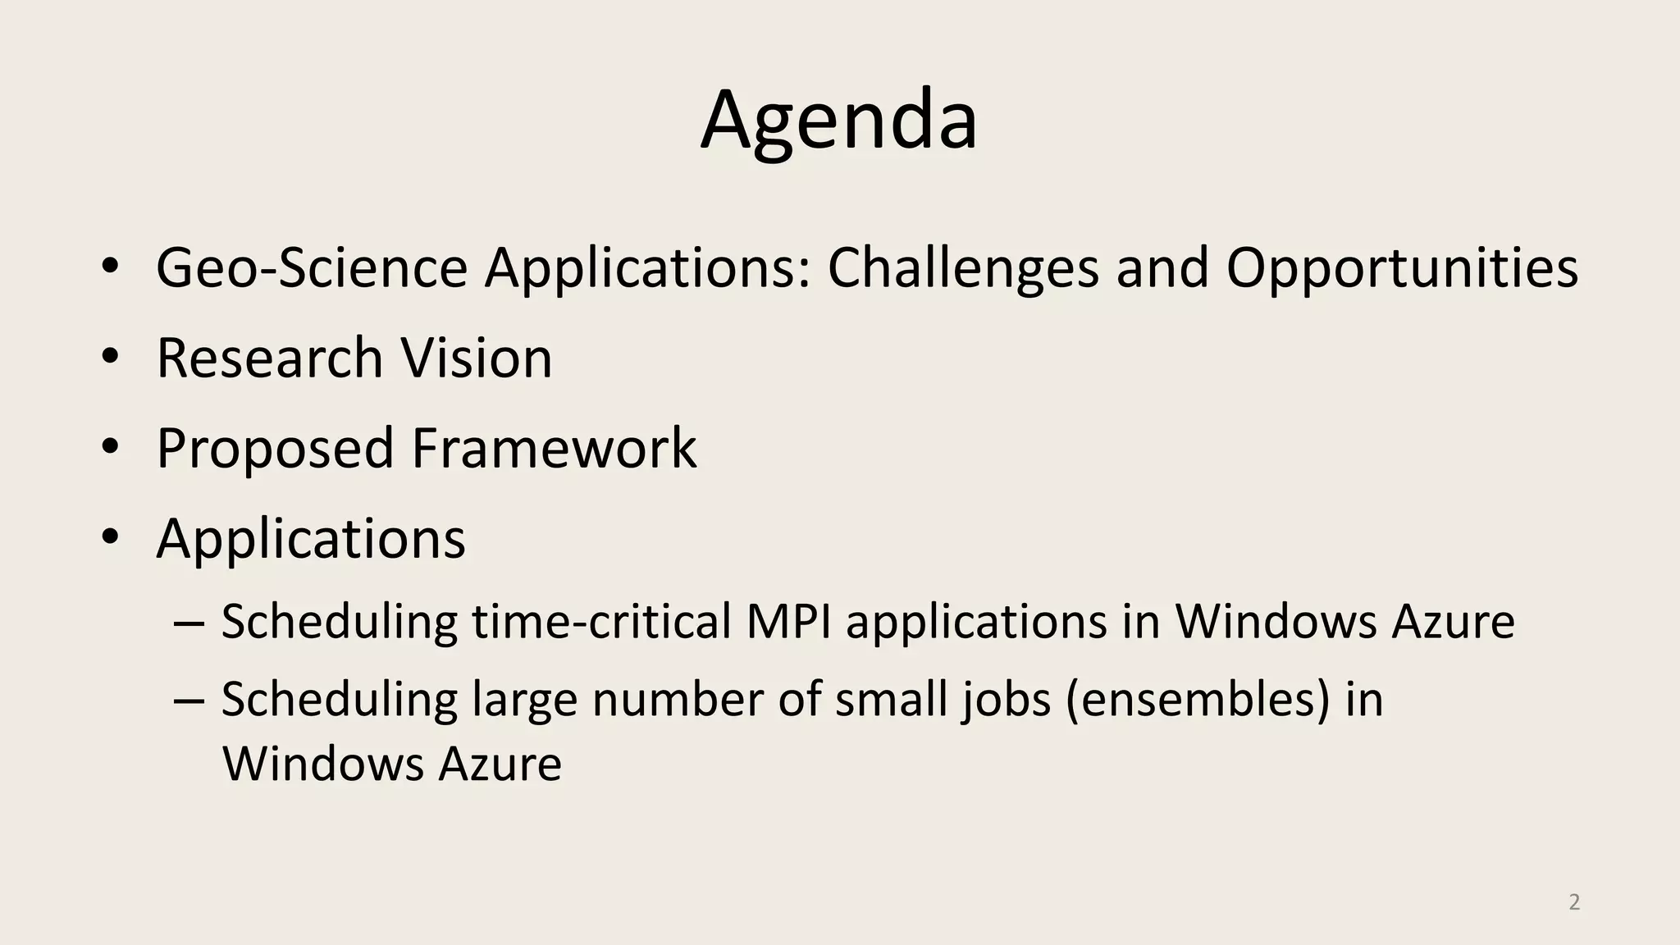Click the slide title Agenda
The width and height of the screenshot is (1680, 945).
(838, 121)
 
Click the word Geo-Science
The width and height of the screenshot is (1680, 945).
(312, 268)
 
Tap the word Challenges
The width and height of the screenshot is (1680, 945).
(962, 268)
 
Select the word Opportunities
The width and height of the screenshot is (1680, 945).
(1401, 268)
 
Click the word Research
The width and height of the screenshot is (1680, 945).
(270, 358)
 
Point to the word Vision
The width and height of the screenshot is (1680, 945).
(477, 358)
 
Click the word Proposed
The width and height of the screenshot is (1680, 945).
(275, 449)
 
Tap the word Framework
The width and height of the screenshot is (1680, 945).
(554, 449)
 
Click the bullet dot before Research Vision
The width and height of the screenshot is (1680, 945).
(111, 357)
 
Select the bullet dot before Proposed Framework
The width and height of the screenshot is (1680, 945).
(111, 447)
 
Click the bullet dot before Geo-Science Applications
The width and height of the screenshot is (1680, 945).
(111, 267)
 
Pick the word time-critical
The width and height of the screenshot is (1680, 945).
(600, 621)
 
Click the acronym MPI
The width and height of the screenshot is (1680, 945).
(788, 621)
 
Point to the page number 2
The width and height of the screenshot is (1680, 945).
(1574, 902)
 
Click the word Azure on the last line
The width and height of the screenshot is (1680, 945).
(500, 764)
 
